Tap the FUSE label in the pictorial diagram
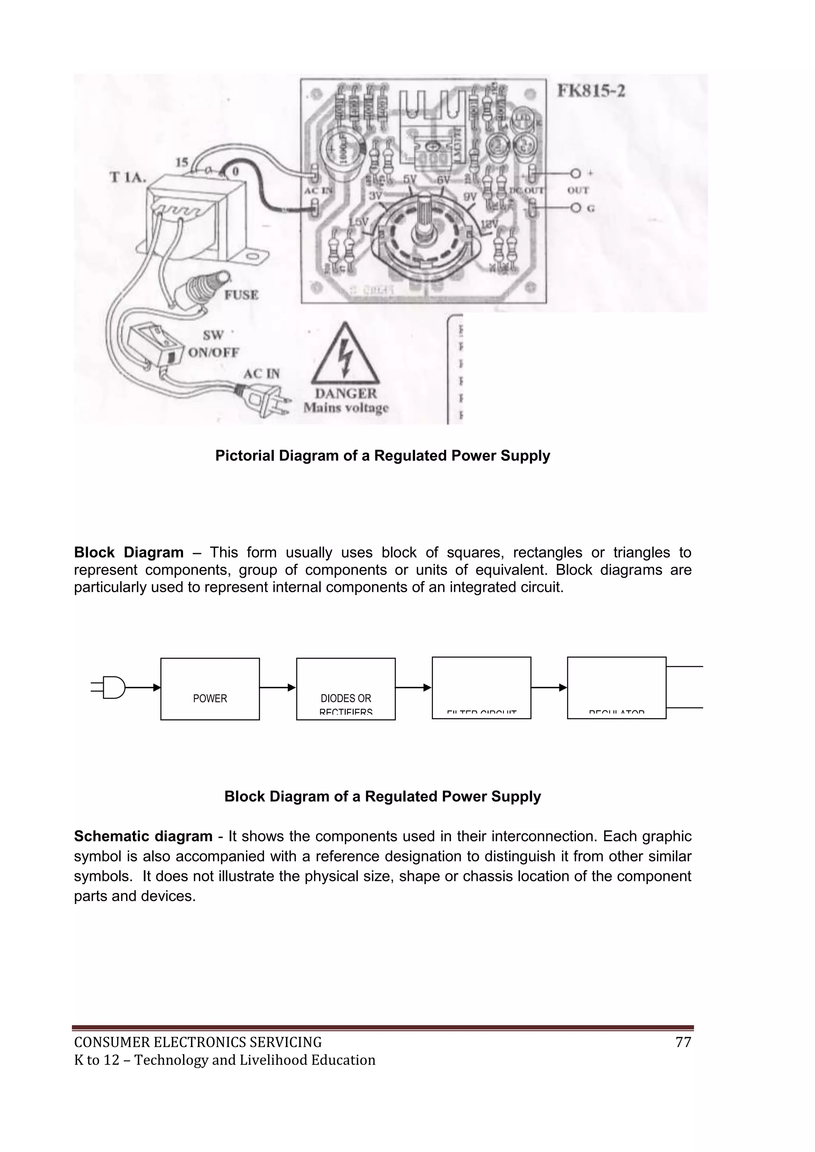click(x=241, y=295)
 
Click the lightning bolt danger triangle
click(x=346, y=354)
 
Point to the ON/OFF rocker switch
click(x=154, y=343)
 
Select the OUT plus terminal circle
click(x=575, y=173)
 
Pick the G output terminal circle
click(x=575, y=208)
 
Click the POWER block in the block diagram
click(x=210, y=688)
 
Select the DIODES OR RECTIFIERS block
click(x=346, y=688)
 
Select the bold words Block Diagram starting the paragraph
click(x=129, y=552)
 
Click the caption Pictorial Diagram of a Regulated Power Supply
click(x=382, y=456)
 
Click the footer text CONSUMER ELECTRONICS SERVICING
click(x=198, y=1043)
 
